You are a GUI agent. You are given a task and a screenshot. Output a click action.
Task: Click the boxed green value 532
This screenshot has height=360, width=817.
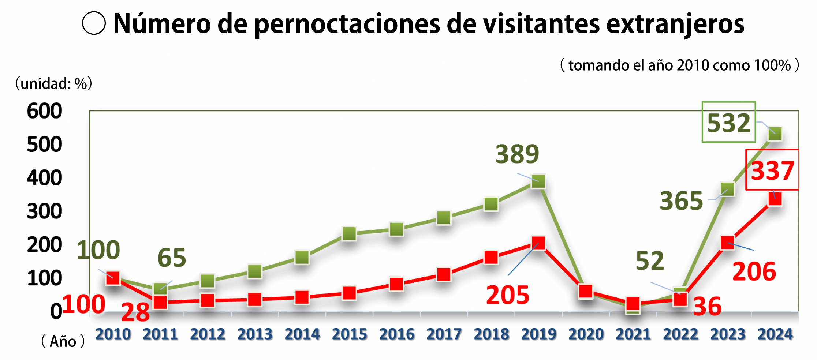(728, 123)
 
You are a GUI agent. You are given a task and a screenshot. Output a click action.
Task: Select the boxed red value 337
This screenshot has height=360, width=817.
(772, 170)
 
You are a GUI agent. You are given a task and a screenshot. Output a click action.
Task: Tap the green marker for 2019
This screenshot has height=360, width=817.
(538, 181)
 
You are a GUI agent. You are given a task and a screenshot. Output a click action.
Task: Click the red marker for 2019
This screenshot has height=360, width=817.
(538, 243)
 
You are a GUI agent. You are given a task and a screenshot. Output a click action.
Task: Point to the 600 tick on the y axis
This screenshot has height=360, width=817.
(44, 111)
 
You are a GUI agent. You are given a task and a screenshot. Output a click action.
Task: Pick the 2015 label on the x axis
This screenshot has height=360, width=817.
(349, 334)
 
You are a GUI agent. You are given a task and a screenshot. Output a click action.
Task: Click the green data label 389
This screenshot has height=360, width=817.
(517, 154)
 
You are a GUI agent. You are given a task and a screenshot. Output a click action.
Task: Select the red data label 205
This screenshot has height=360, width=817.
(507, 295)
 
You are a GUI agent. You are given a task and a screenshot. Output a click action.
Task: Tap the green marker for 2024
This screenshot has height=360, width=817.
(775, 134)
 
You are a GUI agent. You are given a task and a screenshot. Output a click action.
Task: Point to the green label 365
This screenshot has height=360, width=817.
(681, 201)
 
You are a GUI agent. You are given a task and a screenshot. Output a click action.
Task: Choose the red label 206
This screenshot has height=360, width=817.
(754, 271)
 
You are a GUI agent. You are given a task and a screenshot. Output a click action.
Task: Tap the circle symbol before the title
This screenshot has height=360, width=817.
(94, 23)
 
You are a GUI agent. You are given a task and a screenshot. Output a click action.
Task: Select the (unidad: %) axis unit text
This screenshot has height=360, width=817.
(53, 84)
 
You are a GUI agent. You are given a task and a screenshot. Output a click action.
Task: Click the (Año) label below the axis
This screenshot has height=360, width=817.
(63, 341)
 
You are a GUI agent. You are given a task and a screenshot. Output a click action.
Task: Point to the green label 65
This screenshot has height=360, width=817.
(172, 258)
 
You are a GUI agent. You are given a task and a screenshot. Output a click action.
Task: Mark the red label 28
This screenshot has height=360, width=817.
(135, 312)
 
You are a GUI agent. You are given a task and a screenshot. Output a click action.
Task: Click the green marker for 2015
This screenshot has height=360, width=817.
(349, 233)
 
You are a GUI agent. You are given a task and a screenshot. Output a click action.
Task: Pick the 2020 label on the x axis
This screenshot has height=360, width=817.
(586, 334)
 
